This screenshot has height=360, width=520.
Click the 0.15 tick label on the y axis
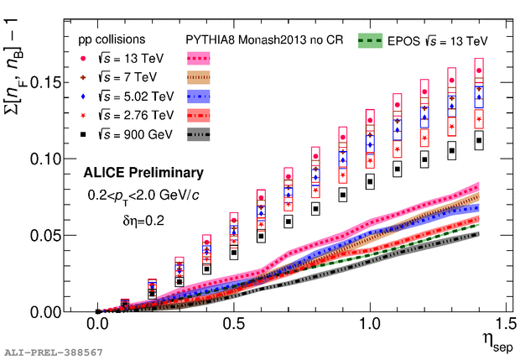click(44, 82)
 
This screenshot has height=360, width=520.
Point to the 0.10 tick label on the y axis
click(44, 159)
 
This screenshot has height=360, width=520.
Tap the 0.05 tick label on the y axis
click(44, 235)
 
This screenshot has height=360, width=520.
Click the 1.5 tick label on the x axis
click(504, 324)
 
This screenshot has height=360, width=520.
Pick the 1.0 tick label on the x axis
click(369, 324)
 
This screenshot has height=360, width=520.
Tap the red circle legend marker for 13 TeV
click(81, 59)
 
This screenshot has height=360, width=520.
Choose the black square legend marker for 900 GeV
click(81, 133)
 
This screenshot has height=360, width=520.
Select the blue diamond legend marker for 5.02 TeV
click(81, 97)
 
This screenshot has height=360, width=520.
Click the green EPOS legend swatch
click(371, 39)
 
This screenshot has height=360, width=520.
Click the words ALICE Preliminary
click(143, 174)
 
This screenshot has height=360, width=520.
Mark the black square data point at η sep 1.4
click(479, 141)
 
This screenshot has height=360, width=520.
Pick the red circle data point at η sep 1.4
click(479, 71)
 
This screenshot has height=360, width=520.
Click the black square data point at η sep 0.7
click(289, 222)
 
